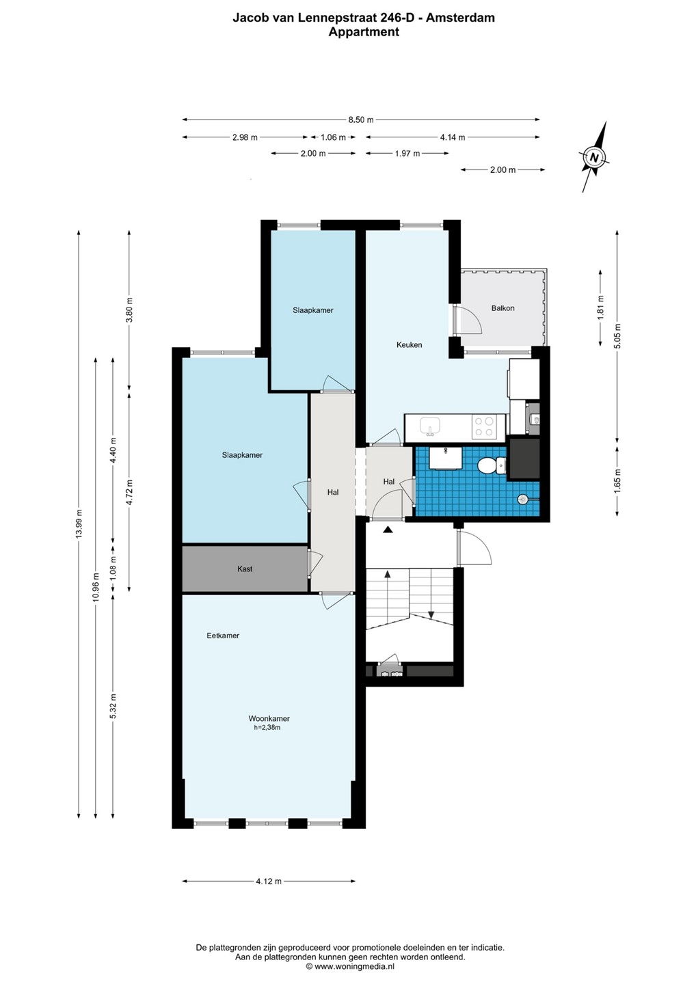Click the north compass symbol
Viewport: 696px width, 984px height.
(595, 157)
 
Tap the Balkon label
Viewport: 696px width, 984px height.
(503, 308)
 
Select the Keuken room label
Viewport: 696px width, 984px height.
(409, 345)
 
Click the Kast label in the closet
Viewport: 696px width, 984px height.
(245, 569)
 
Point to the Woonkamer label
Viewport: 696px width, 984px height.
(269, 719)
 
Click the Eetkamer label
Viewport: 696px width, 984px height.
(223, 635)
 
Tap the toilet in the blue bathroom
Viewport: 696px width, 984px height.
(492, 465)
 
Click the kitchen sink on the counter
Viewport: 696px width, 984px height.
(430, 426)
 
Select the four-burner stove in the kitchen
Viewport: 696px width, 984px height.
(484, 427)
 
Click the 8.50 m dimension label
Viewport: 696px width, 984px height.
(361, 120)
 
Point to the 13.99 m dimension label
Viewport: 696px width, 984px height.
(79, 524)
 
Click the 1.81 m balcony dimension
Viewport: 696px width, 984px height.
(601, 307)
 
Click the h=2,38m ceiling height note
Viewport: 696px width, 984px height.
(267, 728)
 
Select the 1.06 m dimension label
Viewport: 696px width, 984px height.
(333, 137)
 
